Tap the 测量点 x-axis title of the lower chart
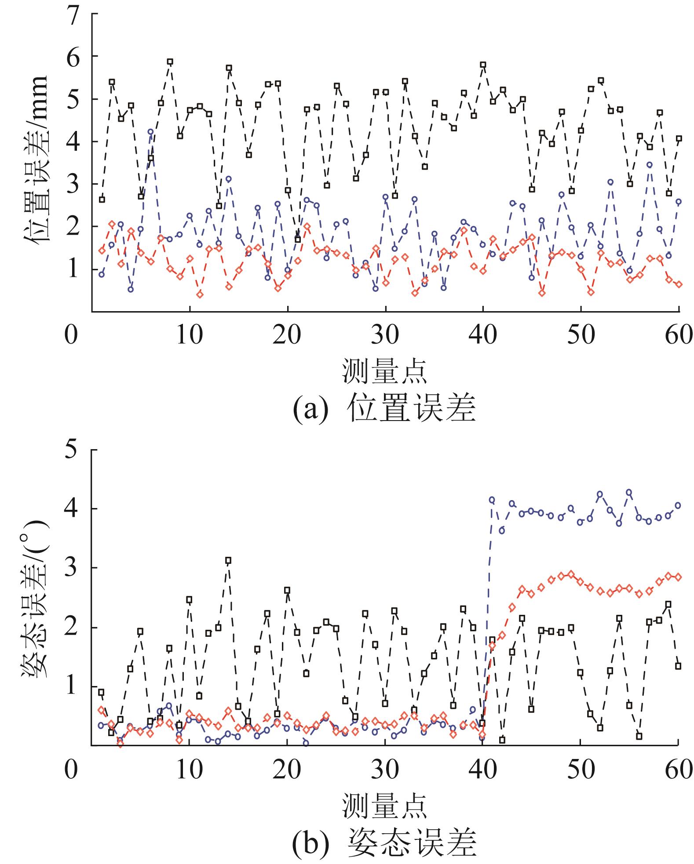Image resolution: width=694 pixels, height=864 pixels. click(384, 805)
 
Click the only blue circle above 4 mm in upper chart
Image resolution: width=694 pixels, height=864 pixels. click(150, 132)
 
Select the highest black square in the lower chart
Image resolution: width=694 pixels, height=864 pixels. click(228, 560)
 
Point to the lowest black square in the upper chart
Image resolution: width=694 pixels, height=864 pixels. click(298, 240)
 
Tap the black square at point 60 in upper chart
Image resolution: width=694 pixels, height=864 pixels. click(679, 138)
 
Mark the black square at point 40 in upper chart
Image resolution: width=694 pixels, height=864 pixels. click(483, 65)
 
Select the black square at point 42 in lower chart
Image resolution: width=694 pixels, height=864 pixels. click(502, 740)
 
